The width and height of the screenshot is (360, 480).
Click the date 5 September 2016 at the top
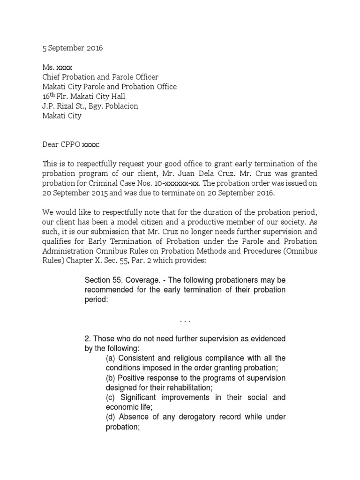72,48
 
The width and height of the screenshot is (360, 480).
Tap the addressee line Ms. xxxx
57,67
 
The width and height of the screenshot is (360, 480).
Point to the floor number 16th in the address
49,96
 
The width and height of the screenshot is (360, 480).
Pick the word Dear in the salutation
51,144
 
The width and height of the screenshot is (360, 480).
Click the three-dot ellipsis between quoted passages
185,321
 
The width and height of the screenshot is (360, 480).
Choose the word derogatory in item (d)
198,417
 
